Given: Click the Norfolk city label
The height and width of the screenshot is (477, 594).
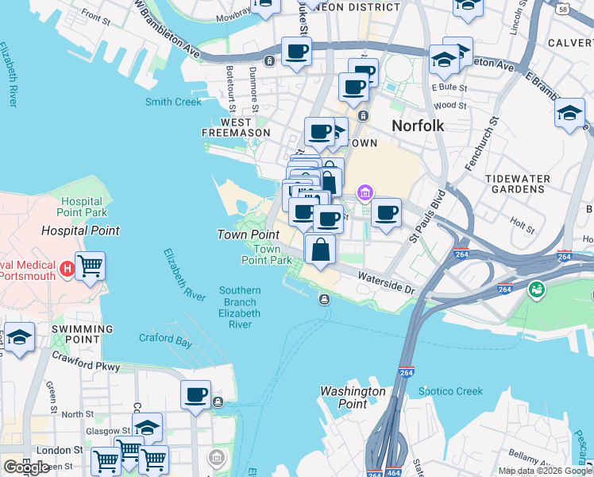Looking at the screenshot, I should pos(417,126).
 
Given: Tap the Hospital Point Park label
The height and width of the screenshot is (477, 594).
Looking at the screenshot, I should pos(82,207).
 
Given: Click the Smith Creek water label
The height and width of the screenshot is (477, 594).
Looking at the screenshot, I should pos(173,102).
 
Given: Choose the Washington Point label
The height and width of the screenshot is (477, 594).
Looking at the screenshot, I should pos(353,397).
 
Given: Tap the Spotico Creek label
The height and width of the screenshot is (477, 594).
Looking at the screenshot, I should pos(450,391).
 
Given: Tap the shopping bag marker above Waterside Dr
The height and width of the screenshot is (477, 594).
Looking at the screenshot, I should pos(319,249).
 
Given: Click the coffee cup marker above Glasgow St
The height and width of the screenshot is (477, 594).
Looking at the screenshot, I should pos(195,394).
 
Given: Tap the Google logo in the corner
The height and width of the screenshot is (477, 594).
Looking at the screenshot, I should pos(26,467).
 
